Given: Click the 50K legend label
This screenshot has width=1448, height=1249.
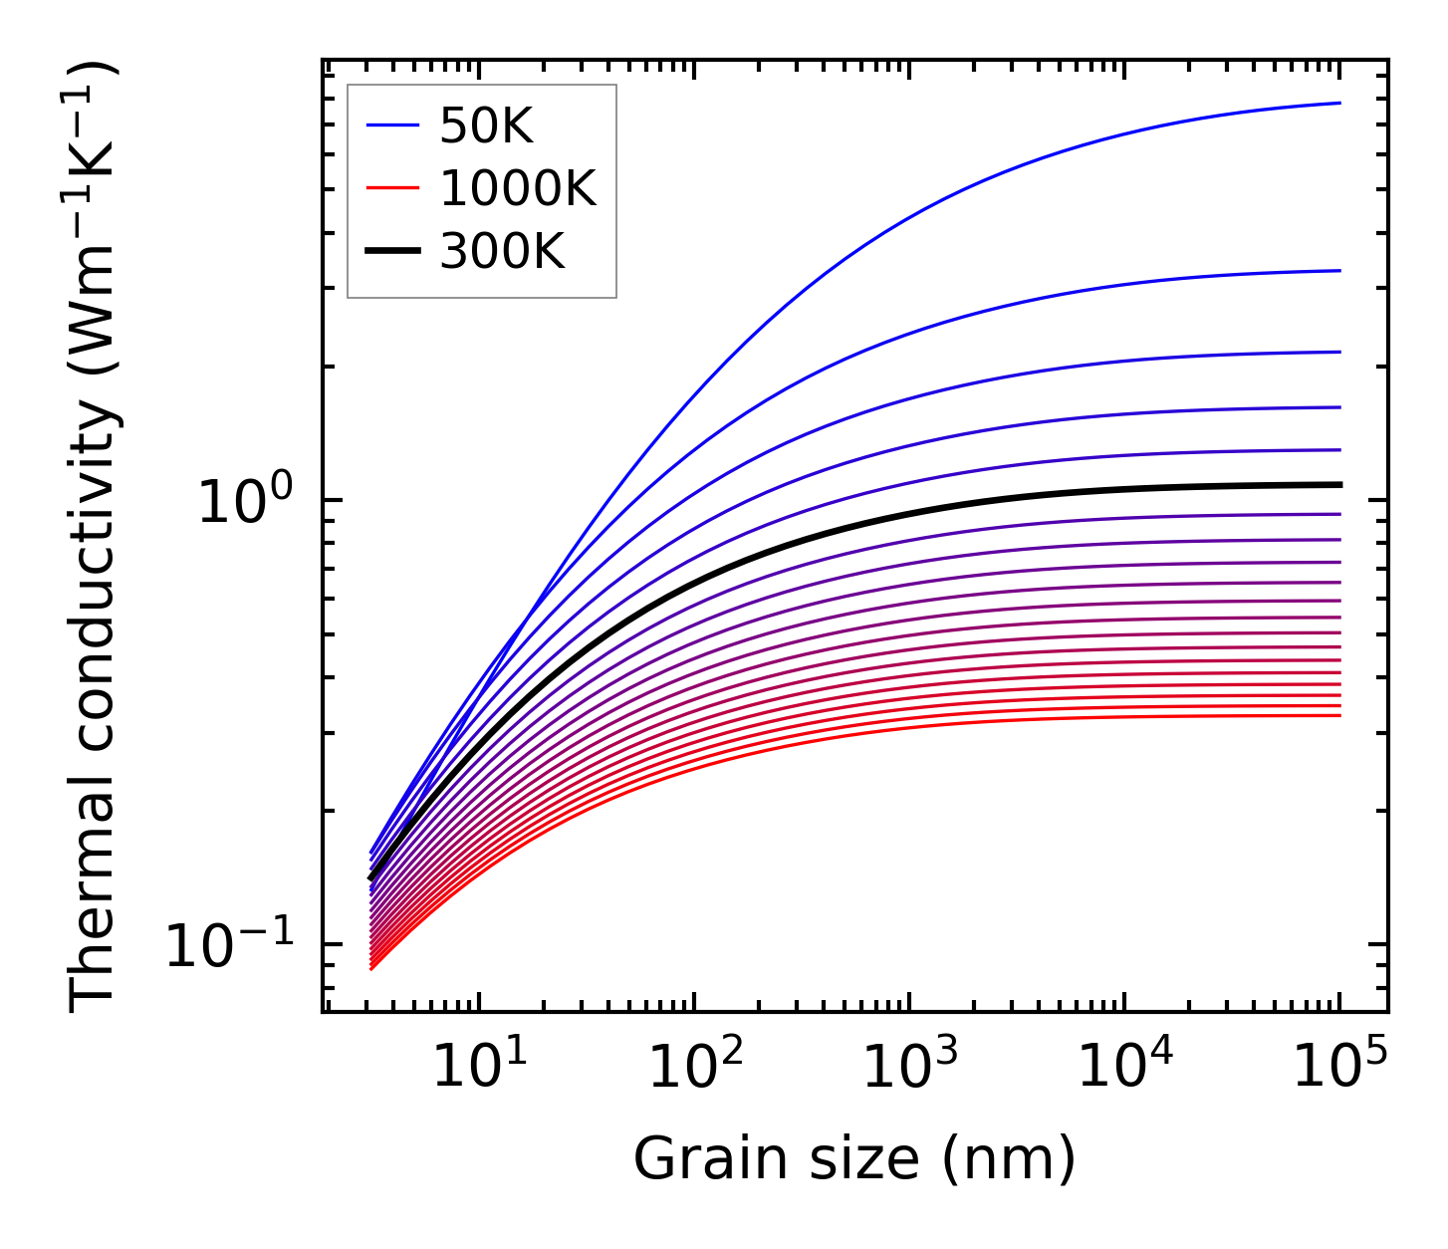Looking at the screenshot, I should (x=486, y=126).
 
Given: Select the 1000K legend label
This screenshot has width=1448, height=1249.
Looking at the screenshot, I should (x=518, y=188).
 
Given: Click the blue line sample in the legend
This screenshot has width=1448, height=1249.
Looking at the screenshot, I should (x=392, y=125).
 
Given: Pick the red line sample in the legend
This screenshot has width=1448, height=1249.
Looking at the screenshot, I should (x=392, y=188).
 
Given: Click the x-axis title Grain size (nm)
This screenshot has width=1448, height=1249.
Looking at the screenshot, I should (x=854, y=1159).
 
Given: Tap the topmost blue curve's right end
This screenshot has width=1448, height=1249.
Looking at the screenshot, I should (x=1338, y=103).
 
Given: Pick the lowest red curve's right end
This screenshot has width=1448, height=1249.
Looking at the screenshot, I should (x=1338, y=715).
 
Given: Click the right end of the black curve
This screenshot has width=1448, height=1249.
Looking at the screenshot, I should (x=1338, y=484).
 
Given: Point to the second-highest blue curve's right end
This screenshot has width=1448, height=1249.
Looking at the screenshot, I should (x=1338, y=270).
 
